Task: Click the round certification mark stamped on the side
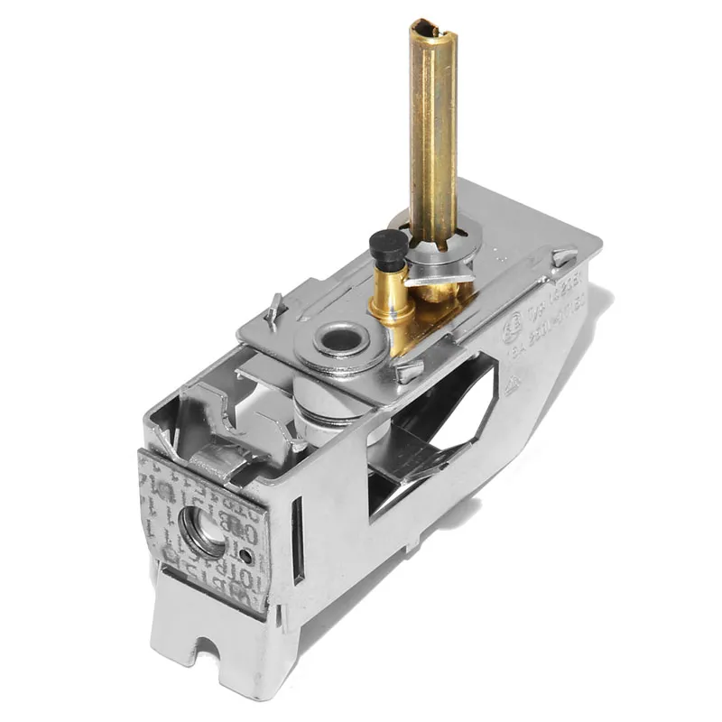tap(512, 326)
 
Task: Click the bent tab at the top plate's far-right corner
tap(564, 258)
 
